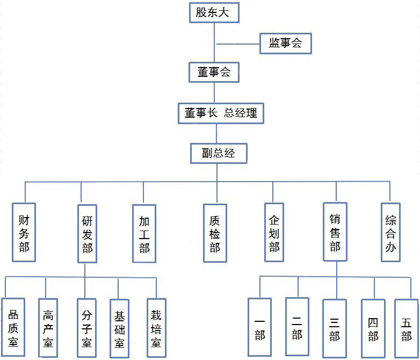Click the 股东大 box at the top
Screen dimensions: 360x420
pyautogui.click(x=214, y=12)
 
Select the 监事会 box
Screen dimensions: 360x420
pyautogui.click(x=285, y=44)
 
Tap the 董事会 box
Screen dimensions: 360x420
pyautogui.click(x=214, y=72)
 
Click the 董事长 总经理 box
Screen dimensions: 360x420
pyautogui.click(x=221, y=113)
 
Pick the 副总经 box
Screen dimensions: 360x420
pyautogui.click(x=219, y=153)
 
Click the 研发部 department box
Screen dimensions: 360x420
pyautogui.click(x=87, y=234)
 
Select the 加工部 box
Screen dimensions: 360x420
pyautogui.click(x=144, y=234)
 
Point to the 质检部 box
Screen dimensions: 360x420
pyautogui.click(x=215, y=233)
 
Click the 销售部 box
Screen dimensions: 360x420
pyautogui.click(x=335, y=232)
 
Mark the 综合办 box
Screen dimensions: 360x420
pyautogui.click(x=390, y=232)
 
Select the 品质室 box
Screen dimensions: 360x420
pyautogui.click(x=13, y=327)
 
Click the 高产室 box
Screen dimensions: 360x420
pyautogui.click(x=48, y=327)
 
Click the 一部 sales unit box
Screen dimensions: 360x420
pyautogui.click(x=260, y=328)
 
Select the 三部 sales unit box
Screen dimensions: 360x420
pyautogui.click(x=335, y=328)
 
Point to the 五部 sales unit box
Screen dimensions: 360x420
pyautogui.click(x=406, y=328)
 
